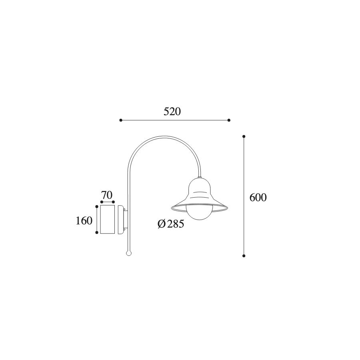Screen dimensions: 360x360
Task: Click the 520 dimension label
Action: (x=172, y=112)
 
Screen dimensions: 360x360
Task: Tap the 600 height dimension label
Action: (x=258, y=198)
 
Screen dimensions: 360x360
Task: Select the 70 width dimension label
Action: (x=107, y=195)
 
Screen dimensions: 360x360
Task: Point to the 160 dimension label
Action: (x=84, y=221)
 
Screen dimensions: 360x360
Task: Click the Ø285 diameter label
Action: (x=171, y=224)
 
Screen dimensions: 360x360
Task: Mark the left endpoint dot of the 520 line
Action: (x=121, y=120)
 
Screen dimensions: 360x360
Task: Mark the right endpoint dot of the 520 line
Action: (x=229, y=120)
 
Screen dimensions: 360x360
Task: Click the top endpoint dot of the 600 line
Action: (x=244, y=136)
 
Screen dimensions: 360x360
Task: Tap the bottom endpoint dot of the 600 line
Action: (x=244, y=256)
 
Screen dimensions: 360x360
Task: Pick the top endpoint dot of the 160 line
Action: (x=97, y=206)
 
